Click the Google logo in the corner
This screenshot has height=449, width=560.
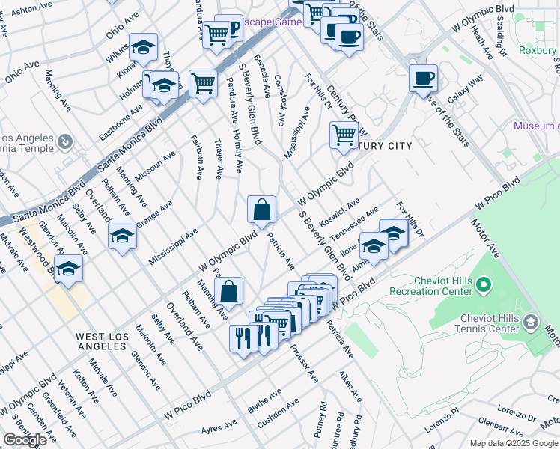click(25, 440)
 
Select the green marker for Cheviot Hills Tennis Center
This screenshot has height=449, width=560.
click(531, 323)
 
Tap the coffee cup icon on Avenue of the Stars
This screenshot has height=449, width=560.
click(423, 78)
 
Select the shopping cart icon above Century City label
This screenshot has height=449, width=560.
click(344, 135)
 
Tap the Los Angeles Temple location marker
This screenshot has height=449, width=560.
click(65, 141)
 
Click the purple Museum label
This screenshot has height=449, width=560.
click(535, 126)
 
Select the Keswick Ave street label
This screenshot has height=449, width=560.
click(339, 213)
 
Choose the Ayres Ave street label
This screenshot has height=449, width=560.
click(219, 428)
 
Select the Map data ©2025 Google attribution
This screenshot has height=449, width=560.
click(514, 443)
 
